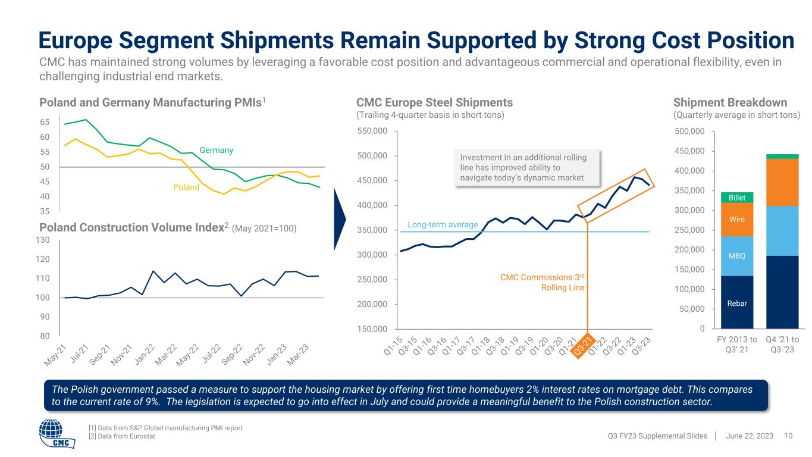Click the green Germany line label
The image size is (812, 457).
[x=216, y=151]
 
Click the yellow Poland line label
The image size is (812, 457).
[x=186, y=187]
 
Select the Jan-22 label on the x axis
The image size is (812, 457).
[x=145, y=356]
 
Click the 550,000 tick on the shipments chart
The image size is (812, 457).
[x=372, y=131]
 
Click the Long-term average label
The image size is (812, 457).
[x=443, y=224]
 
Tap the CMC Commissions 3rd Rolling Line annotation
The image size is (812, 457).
[x=543, y=283]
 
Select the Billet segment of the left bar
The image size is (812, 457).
[x=737, y=197]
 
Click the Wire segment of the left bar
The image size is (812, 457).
[x=737, y=219]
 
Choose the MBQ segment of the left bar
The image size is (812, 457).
[x=737, y=256]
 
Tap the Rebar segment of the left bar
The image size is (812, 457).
[x=737, y=302]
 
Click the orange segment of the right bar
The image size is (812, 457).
[x=782, y=182]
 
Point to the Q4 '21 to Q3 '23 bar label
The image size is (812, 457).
[x=783, y=344]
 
